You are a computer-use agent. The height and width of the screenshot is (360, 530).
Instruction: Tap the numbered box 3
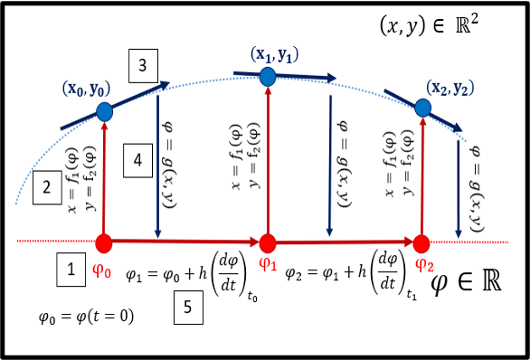coord(144,66)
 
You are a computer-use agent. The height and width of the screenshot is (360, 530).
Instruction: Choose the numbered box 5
coord(187,308)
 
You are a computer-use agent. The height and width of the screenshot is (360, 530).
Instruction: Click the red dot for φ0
coord(105,242)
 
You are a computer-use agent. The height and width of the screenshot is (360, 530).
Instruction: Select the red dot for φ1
coord(268,242)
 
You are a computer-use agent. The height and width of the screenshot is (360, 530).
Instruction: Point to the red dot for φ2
coord(421,242)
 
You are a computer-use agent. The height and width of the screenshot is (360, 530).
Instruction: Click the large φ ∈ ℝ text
coord(467,282)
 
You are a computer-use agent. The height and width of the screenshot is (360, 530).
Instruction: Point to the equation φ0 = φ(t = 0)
coord(87,317)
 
